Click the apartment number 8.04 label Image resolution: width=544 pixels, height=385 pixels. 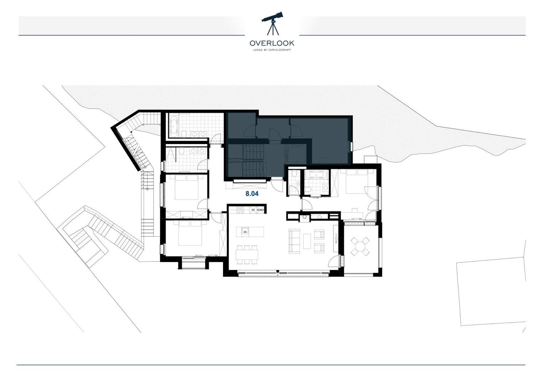point(252,194)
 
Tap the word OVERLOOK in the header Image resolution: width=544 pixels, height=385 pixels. point(272,43)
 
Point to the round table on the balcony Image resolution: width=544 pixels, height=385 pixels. point(360,246)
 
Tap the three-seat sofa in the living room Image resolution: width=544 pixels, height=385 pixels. point(294,241)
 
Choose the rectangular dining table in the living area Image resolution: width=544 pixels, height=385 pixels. point(247,254)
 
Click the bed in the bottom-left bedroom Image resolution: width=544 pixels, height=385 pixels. point(191,233)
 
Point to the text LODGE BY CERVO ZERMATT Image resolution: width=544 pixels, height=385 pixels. point(272,50)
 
